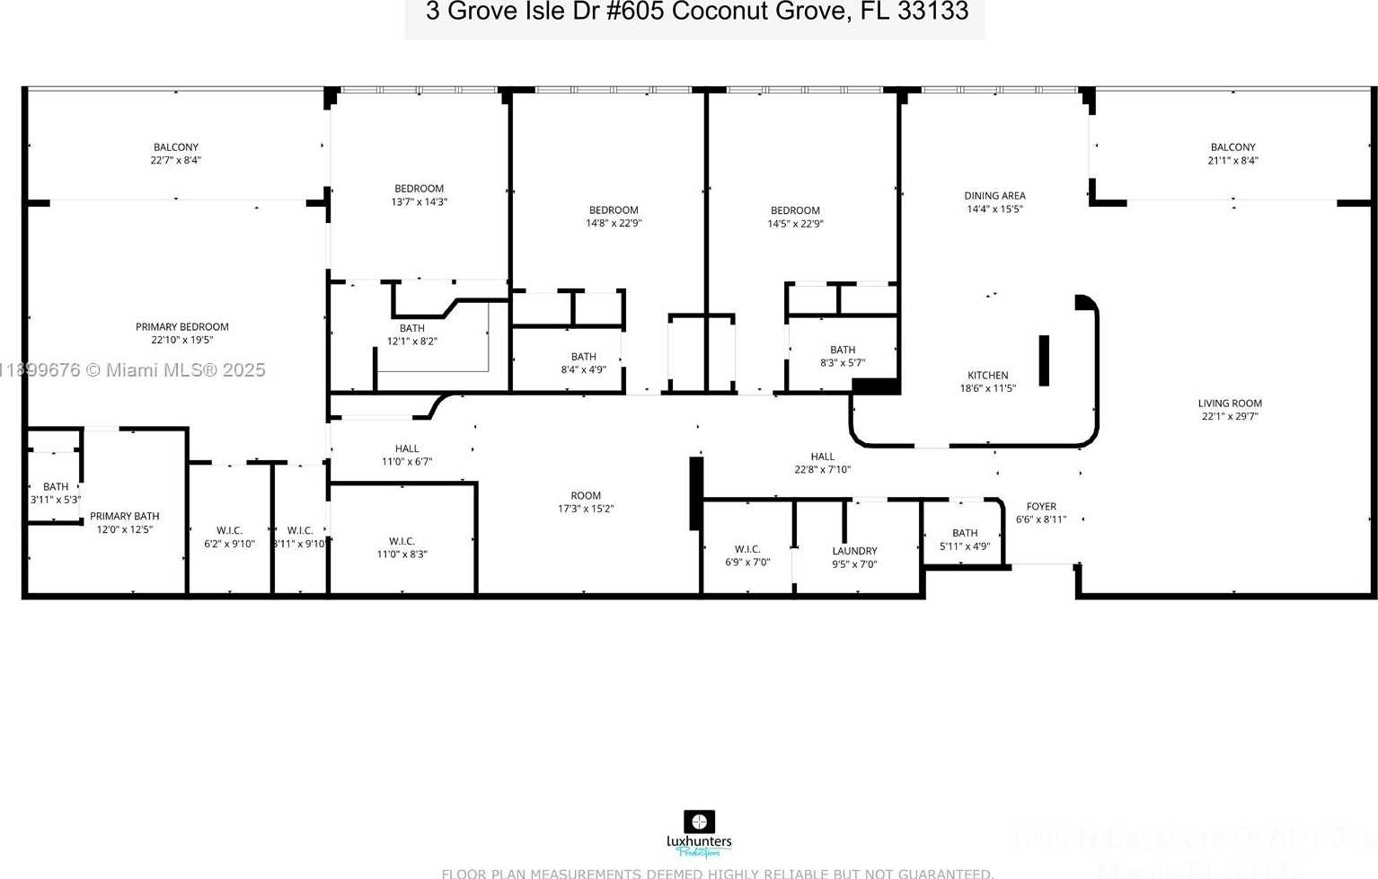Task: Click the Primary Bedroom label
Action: point(182,327)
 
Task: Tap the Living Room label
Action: point(1230,404)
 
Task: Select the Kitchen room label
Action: point(987,376)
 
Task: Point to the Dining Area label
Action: point(994,196)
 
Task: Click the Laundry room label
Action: point(854,551)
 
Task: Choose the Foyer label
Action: point(1041,507)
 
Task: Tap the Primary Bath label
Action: point(125,516)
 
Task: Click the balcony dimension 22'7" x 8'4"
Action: point(176,161)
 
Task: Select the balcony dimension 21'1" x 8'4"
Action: point(1232,161)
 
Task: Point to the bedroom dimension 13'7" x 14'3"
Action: point(420,202)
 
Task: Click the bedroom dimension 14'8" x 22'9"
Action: point(614,224)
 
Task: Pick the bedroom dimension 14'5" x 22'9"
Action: point(795,224)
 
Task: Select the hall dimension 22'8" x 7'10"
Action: point(822,469)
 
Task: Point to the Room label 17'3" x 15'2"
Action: point(586,496)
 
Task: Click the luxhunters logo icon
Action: point(699,821)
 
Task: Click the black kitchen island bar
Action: point(1044,360)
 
